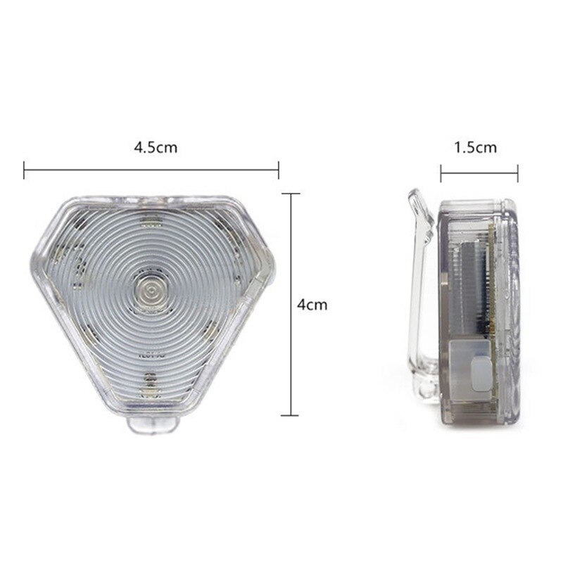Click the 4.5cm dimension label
(156, 148)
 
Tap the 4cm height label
(312, 305)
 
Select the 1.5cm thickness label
(476, 148)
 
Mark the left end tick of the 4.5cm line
(24, 170)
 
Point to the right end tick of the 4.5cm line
(278, 170)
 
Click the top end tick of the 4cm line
(291, 194)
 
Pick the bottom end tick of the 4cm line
(290, 415)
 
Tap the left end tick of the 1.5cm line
(441, 173)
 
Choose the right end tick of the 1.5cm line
(517, 173)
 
